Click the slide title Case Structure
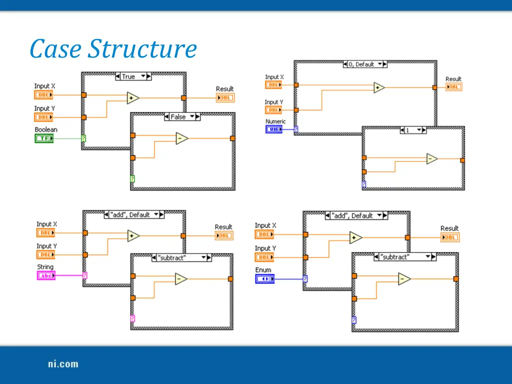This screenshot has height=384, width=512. pyautogui.click(x=113, y=49)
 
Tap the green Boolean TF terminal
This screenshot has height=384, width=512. pyautogui.click(x=44, y=138)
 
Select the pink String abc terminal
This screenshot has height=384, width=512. pyautogui.click(x=46, y=275)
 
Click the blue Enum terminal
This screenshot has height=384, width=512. pyautogui.click(x=265, y=279)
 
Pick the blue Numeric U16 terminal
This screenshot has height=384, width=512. pyautogui.click(x=273, y=129)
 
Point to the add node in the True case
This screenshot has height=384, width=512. pyautogui.click(x=132, y=98)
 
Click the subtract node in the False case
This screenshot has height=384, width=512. pyautogui.click(x=181, y=138)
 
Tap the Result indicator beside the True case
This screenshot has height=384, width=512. pyautogui.click(x=225, y=98)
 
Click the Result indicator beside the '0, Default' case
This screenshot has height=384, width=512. pyautogui.click(x=453, y=87)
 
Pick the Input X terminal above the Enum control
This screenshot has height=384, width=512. pyautogui.click(x=264, y=235)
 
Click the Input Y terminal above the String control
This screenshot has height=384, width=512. pyautogui.click(x=45, y=255)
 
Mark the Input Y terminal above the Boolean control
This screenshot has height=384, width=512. pyautogui.click(x=43, y=117)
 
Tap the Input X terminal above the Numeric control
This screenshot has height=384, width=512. pyautogui.click(x=273, y=85)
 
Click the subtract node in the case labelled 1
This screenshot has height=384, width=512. pyautogui.click(x=431, y=159)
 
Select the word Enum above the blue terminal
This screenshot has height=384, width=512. pyautogui.click(x=263, y=270)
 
